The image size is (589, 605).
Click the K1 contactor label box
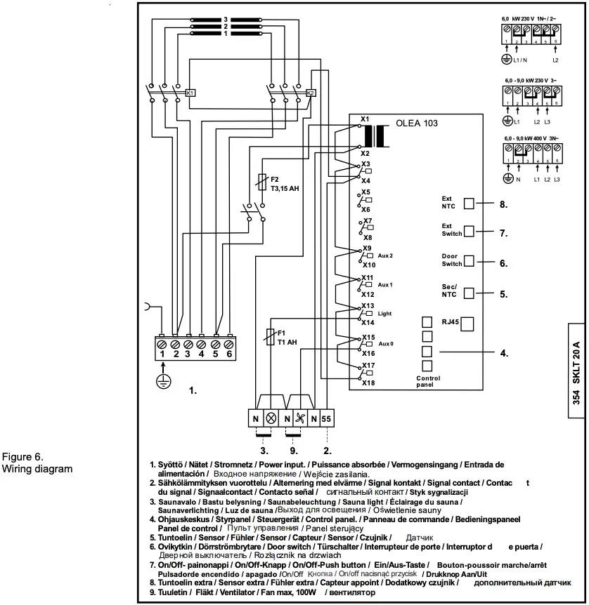point(190,93)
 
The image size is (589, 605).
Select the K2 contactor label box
point(311,93)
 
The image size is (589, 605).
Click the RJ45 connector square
point(467,324)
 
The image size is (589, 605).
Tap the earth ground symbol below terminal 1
point(162,380)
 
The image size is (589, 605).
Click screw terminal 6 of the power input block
point(228,345)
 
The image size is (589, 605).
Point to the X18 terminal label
point(368,383)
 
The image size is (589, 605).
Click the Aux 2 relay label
point(385,256)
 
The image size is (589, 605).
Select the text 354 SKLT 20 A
point(576,379)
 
